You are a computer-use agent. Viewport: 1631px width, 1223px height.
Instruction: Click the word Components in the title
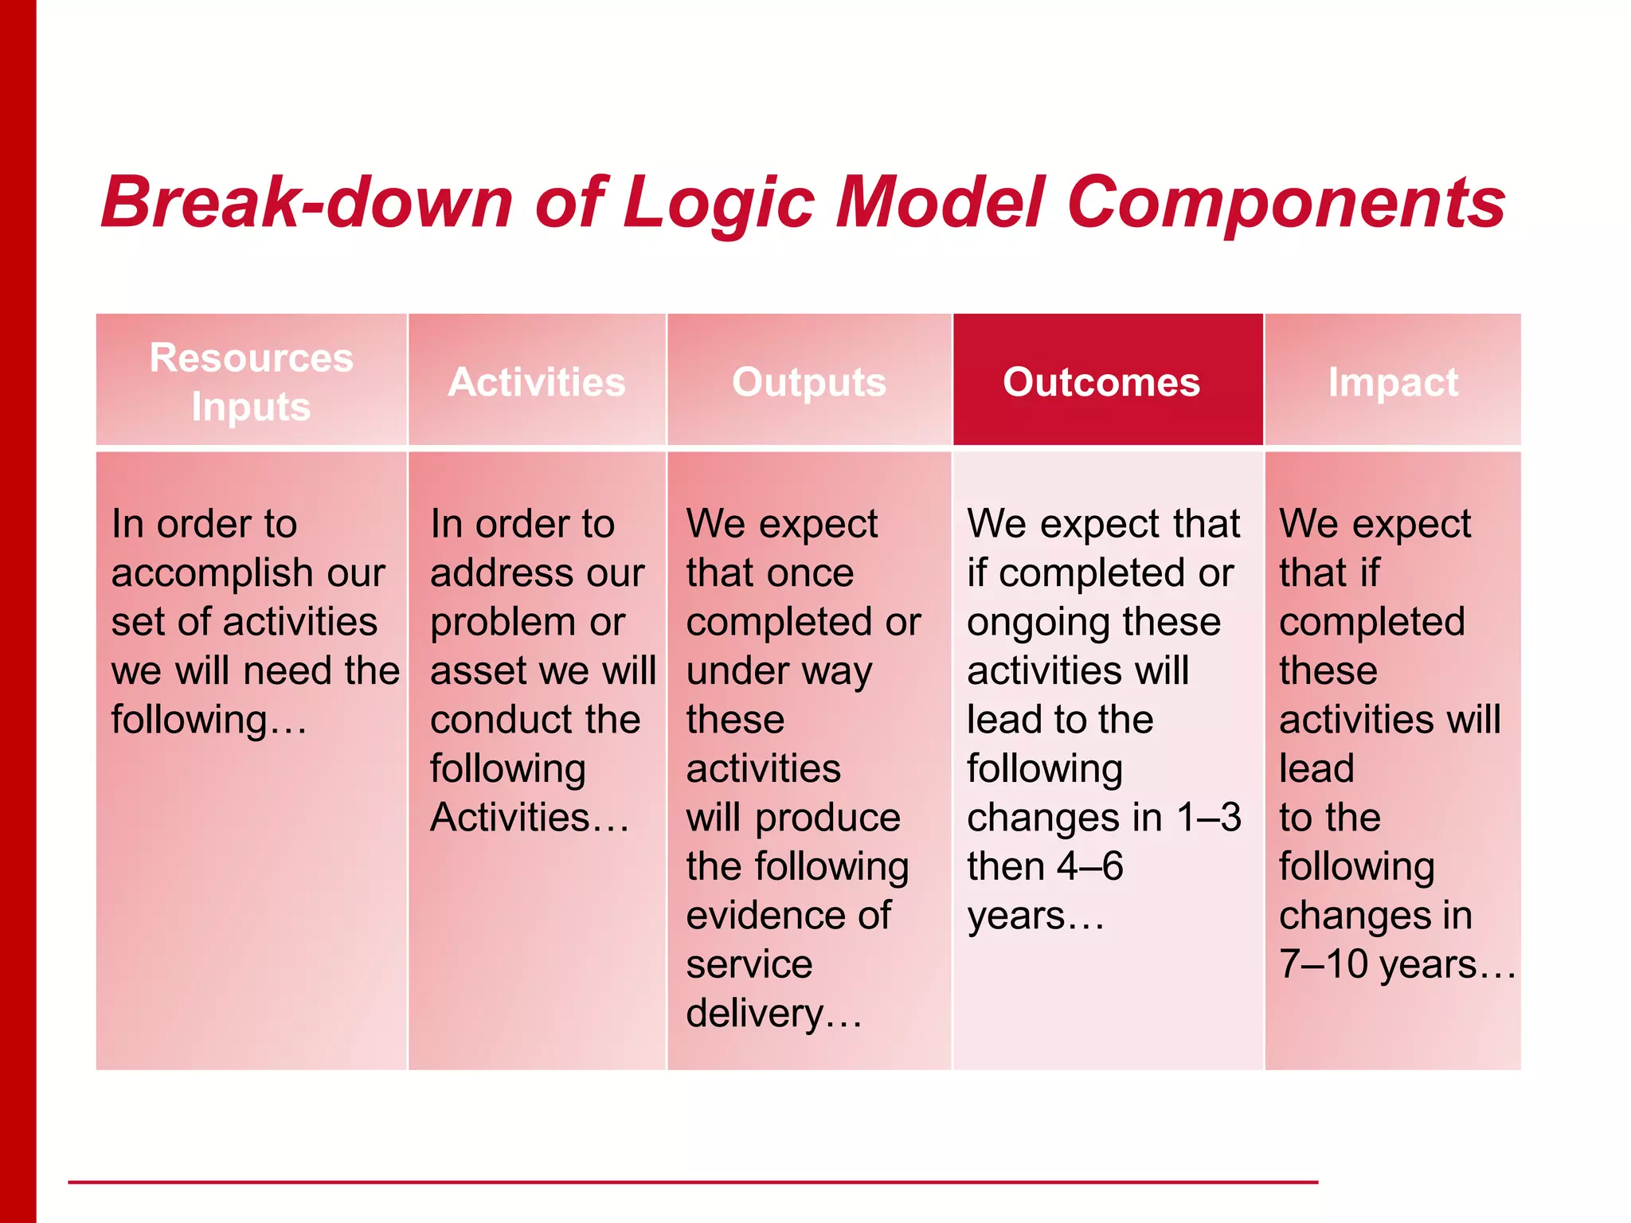(1285, 203)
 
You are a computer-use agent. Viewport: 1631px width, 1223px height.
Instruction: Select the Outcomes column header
(1101, 382)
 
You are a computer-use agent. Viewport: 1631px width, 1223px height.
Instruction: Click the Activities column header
(537, 382)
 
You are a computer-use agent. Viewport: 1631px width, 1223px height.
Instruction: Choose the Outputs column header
(809, 382)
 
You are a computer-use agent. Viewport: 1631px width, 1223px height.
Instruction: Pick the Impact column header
(1393, 382)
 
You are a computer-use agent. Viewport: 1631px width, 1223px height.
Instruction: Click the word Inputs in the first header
(251, 407)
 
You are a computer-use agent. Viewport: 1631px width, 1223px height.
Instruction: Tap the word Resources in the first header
(251, 358)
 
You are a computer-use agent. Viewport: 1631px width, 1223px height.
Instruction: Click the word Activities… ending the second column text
(529, 818)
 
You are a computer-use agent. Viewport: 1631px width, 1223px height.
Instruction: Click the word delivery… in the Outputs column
(773, 1014)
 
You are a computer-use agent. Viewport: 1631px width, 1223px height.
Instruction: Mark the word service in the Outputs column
(749, 964)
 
